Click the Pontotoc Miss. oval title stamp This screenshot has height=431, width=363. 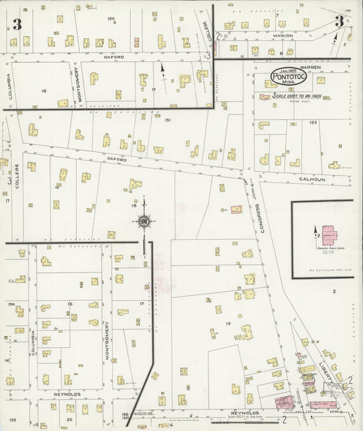click(289, 77)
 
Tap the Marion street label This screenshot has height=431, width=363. click(283, 35)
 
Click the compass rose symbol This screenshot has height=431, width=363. click(144, 221)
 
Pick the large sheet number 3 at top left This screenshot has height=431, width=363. click(16, 25)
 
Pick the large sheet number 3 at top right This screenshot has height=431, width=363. click(338, 22)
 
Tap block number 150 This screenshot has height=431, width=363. click(111, 19)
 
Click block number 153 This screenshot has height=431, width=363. click(313, 123)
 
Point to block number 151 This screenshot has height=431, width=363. click(167, 120)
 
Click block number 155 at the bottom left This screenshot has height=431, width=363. click(12, 421)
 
